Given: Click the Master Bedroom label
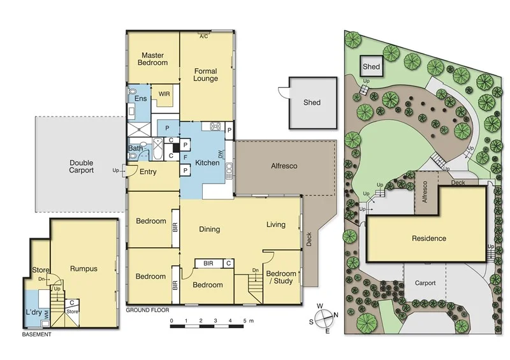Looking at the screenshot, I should [154, 59].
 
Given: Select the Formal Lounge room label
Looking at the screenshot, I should [206, 75].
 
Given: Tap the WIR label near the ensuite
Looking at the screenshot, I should [164, 94].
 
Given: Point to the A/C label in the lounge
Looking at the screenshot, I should [204, 37].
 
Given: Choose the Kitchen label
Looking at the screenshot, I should [208, 163].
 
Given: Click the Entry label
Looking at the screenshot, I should [148, 172].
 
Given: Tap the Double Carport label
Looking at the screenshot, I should [82, 166].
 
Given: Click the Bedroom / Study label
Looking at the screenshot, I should [281, 277].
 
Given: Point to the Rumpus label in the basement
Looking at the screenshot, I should [84, 269].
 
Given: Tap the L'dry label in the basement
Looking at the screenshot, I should [34, 313].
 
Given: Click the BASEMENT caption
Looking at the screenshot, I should [36, 334].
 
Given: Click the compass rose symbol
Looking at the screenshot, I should [325, 317].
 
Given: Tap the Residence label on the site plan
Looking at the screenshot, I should [428, 239].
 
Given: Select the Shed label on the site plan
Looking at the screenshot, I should [371, 66].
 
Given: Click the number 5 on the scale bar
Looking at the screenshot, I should [243, 320].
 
